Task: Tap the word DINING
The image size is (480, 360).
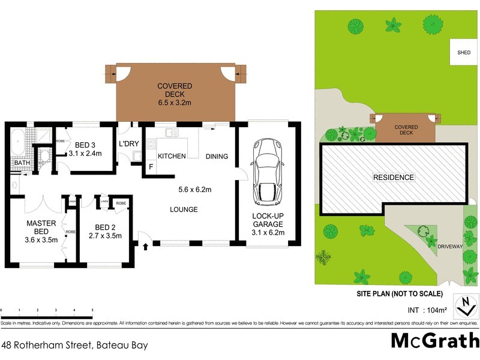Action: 217,157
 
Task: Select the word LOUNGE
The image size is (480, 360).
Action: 183,209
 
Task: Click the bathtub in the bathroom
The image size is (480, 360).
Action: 16,142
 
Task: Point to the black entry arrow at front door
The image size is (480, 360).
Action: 145,245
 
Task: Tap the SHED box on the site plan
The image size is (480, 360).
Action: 464,53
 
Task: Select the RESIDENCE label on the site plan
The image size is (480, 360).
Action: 394,178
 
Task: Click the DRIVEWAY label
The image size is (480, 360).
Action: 450,247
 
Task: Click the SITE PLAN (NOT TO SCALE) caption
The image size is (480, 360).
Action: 395,294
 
